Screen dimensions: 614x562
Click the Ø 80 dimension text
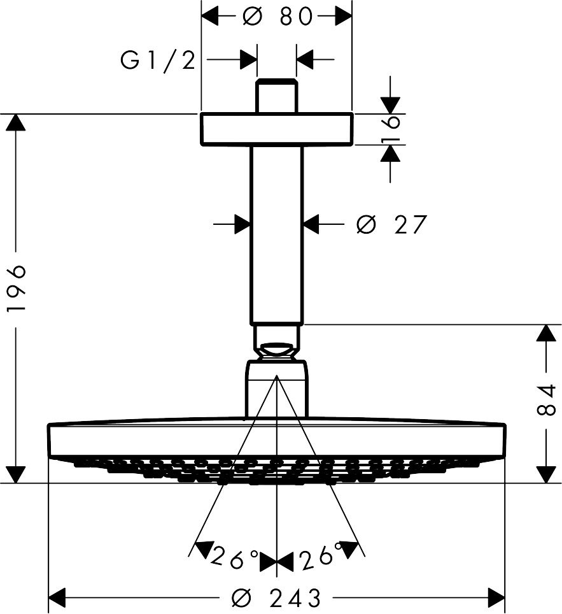[277, 17]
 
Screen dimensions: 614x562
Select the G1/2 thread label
[157, 61]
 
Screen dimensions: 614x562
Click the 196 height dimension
[17, 288]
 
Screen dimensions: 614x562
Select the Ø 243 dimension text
[277, 597]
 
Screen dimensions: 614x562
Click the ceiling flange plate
[276, 129]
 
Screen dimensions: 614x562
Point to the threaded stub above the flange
[276, 96]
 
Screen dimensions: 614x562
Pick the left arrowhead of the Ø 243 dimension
[58, 597]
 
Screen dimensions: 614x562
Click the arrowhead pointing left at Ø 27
[311, 224]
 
